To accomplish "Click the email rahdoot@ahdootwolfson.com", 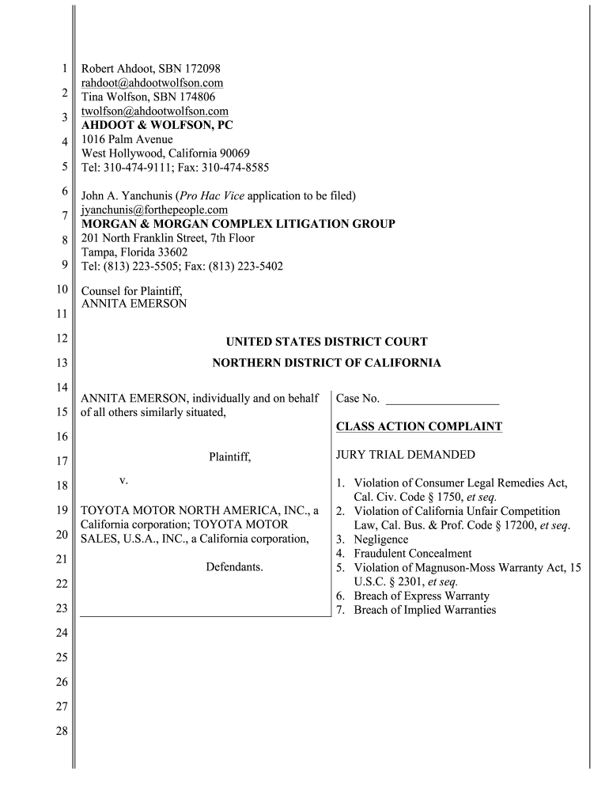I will click(153, 83).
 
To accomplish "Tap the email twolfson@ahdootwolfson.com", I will click(155, 112).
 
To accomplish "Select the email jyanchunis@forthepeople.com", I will click(155, 210).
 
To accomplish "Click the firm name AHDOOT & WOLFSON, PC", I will click(158, 125).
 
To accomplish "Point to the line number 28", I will click(61, 731).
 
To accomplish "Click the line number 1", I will click(63, 70).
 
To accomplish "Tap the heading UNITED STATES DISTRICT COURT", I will click(327, 342).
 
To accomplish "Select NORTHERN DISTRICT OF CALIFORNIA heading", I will click(327, 363).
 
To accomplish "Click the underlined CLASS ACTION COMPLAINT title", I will click(419, 426).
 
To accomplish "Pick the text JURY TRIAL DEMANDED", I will click(406, 455).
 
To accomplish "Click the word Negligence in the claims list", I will click(381, 539).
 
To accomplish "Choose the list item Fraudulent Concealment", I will click(412, 554).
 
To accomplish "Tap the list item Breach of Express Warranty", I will click(422, 596).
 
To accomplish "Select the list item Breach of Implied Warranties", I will click(425, 610).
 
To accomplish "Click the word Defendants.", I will click(234, 567).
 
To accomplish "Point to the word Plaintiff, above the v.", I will click(229, 456).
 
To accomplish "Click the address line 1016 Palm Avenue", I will click(127, 139).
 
